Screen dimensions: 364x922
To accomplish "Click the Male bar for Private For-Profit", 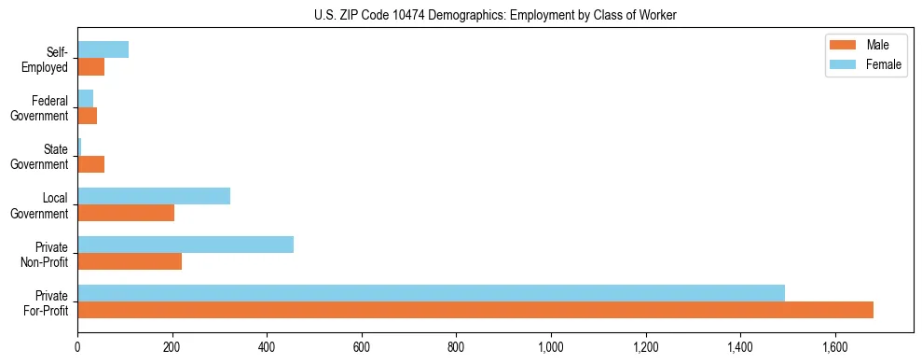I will click(x=475, y=310).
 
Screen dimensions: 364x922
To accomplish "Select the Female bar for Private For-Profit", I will click(x=431, y=293).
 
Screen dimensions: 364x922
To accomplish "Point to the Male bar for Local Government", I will click(x=126, y=213).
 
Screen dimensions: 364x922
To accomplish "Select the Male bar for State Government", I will click(x=91, y=164).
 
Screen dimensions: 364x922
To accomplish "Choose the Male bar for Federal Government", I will click(x=88, y=116).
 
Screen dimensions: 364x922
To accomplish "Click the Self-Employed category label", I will click(x=46, y=60).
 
